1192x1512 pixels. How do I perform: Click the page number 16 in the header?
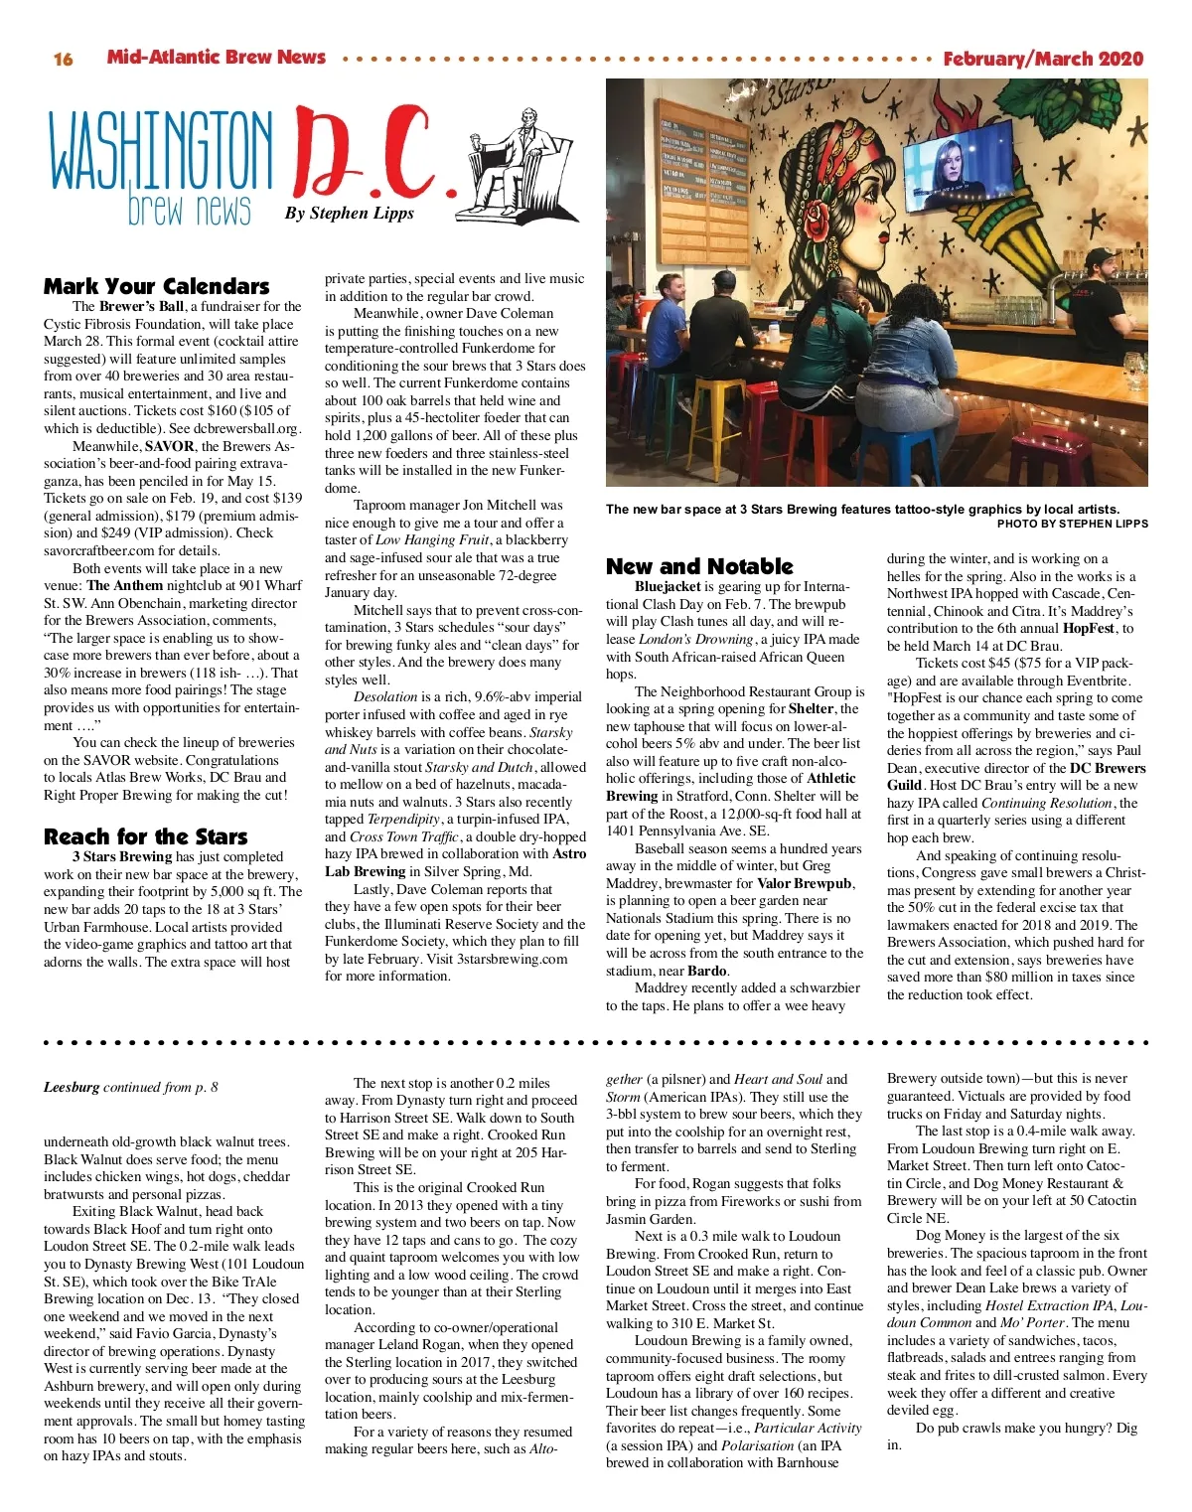(x=63, y=59)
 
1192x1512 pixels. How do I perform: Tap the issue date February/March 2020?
(x=1043, y=59)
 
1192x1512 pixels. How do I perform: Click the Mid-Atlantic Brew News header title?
(x=217, y=58)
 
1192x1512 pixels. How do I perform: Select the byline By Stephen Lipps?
(x=349, y=213)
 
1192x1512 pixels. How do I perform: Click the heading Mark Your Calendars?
(x=156, y=286)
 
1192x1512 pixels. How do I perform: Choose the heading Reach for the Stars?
(x=145, y=836)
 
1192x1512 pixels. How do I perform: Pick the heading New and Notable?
(x=699, y=566)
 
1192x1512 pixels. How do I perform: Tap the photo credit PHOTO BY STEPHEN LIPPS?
(x=1072, y=524)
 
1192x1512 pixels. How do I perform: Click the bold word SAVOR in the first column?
(x=169, y=446)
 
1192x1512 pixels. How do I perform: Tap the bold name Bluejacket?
(x=668, y=586)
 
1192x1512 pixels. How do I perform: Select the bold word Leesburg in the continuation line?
(x=71, y=1087)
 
